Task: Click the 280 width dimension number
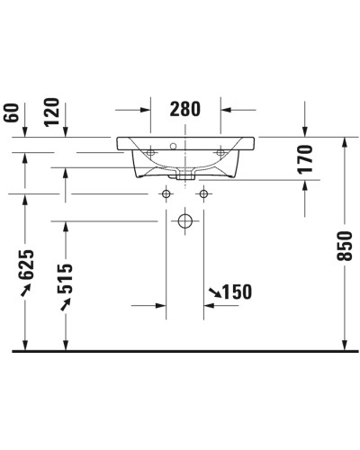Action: coord(184,109)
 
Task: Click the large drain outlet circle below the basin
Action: coord(185,220)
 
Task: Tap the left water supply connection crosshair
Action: coord(166,194)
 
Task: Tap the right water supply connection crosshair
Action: coord(205,194)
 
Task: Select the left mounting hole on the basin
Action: coord(149,154)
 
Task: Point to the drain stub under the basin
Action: coord(185,175)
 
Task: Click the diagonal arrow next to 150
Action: coord(213,292)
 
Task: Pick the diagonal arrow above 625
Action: coord(27,288)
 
